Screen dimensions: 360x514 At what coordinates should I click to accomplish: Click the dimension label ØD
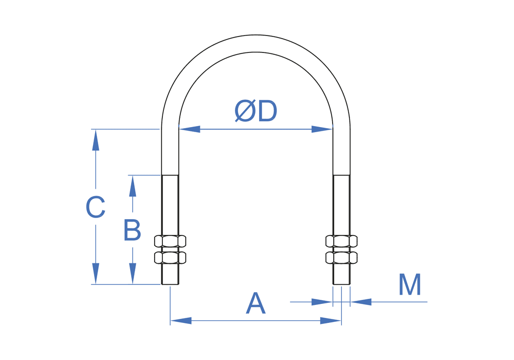pyautogui.click(x=256, y=111)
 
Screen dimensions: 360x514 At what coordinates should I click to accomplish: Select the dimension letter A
pyautogui.click(x=255, y=303)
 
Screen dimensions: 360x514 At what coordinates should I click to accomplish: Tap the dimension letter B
pyautogui.click(x=132, y=230)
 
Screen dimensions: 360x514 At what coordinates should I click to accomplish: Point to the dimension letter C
pyautogui.click(x=96, y=208)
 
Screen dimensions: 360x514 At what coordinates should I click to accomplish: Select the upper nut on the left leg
pyautogui.click(x=170, y=241)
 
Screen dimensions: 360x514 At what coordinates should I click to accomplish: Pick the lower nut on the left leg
pyautogui.click(x=170, y=257)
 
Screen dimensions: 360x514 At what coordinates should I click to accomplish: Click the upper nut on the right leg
pyautogui.click(x=341, y=241)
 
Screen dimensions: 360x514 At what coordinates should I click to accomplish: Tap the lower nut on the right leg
pyautogui.click(x=341, y=257)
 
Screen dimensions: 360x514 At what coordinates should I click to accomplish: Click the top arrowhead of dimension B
pyautogui.click(x=133, y=186)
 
